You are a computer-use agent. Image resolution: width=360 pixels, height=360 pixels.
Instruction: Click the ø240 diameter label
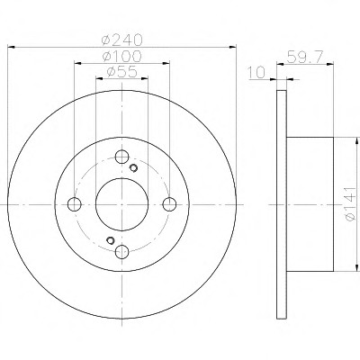tap(121, 40)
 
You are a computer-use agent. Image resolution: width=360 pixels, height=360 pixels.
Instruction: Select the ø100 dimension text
tap(121, 56)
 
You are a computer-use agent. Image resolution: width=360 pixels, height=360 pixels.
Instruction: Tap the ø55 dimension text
tap(121, 72)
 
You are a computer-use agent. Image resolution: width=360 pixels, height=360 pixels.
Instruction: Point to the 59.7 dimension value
tap(305, 57)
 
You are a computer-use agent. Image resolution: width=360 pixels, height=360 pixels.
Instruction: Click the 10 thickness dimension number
tap(256, 72)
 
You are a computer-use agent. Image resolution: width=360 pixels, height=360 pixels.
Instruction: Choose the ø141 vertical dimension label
tap(350, 204)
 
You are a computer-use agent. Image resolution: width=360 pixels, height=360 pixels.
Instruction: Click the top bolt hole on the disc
tap(121, 157)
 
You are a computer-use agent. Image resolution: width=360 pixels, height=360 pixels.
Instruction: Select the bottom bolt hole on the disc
tap(121, 251)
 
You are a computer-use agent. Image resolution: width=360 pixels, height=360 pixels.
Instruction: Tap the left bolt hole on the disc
tap(75, 204)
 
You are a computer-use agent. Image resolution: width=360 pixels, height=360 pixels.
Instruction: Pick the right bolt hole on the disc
tap(169, 204)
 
